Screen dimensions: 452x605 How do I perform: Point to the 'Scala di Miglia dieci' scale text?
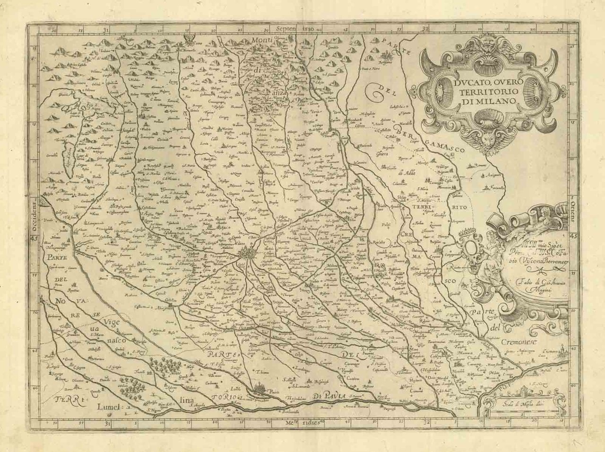[x=517, y=404]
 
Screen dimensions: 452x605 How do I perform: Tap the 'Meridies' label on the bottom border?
[x=302, y=421]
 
